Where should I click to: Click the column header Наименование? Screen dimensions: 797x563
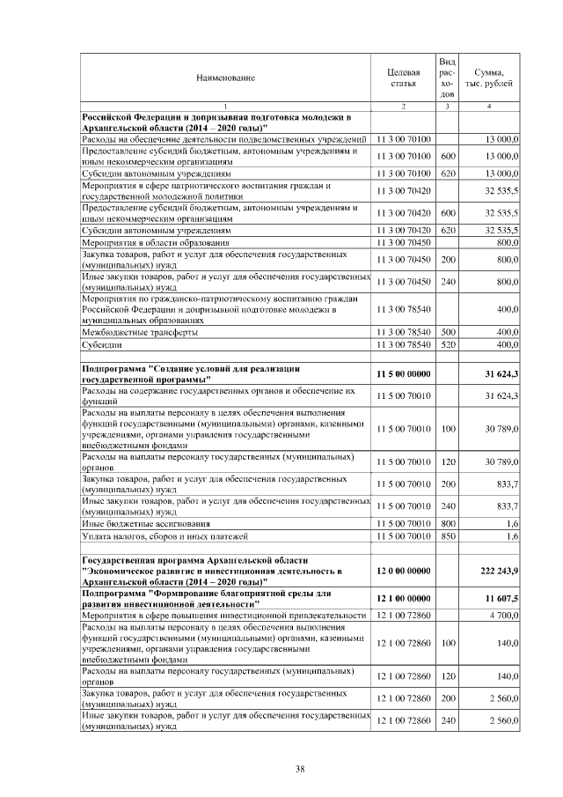click(x=225, y=78)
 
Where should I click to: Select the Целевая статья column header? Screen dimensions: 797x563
click(x=403, y=77)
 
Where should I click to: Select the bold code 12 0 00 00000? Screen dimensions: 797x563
click(x=403, y=572)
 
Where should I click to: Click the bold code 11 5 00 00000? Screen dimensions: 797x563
click(x=403, y=374)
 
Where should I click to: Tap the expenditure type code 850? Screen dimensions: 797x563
click(x=447, y=535)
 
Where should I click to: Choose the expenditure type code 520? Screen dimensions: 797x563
click(x=447, y=344)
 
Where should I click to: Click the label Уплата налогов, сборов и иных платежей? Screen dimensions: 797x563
click(x=158, y=535)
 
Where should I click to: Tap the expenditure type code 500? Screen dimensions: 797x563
click(x=447, y=333)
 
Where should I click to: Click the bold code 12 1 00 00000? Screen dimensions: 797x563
click(x=403, y=597)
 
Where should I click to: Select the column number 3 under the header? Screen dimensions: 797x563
click(x=447, y=107)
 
